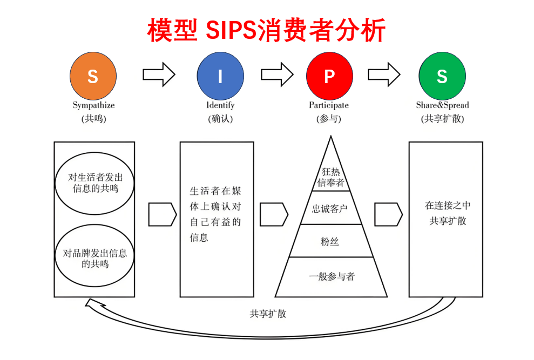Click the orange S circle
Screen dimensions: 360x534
pos(93,76)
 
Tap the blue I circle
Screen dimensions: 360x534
pos(220,76)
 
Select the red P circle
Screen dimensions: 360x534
pos(329,76)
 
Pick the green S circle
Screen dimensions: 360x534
pos(442,76)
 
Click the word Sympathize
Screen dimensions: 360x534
pos(93,105)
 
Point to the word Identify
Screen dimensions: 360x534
pos(220,105)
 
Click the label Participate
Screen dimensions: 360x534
pos(329,105)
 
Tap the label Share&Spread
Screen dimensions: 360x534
pos(442,105)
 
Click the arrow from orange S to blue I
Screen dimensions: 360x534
pos(159,74)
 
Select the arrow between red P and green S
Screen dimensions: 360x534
pos(384,74)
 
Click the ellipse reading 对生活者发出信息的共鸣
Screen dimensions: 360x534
pos(94,182)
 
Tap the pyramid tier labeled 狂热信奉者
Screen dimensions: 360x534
pos(330,177)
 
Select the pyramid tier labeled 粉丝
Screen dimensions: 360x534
pos(330,241)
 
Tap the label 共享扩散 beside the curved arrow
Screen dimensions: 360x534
pos(268,314)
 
